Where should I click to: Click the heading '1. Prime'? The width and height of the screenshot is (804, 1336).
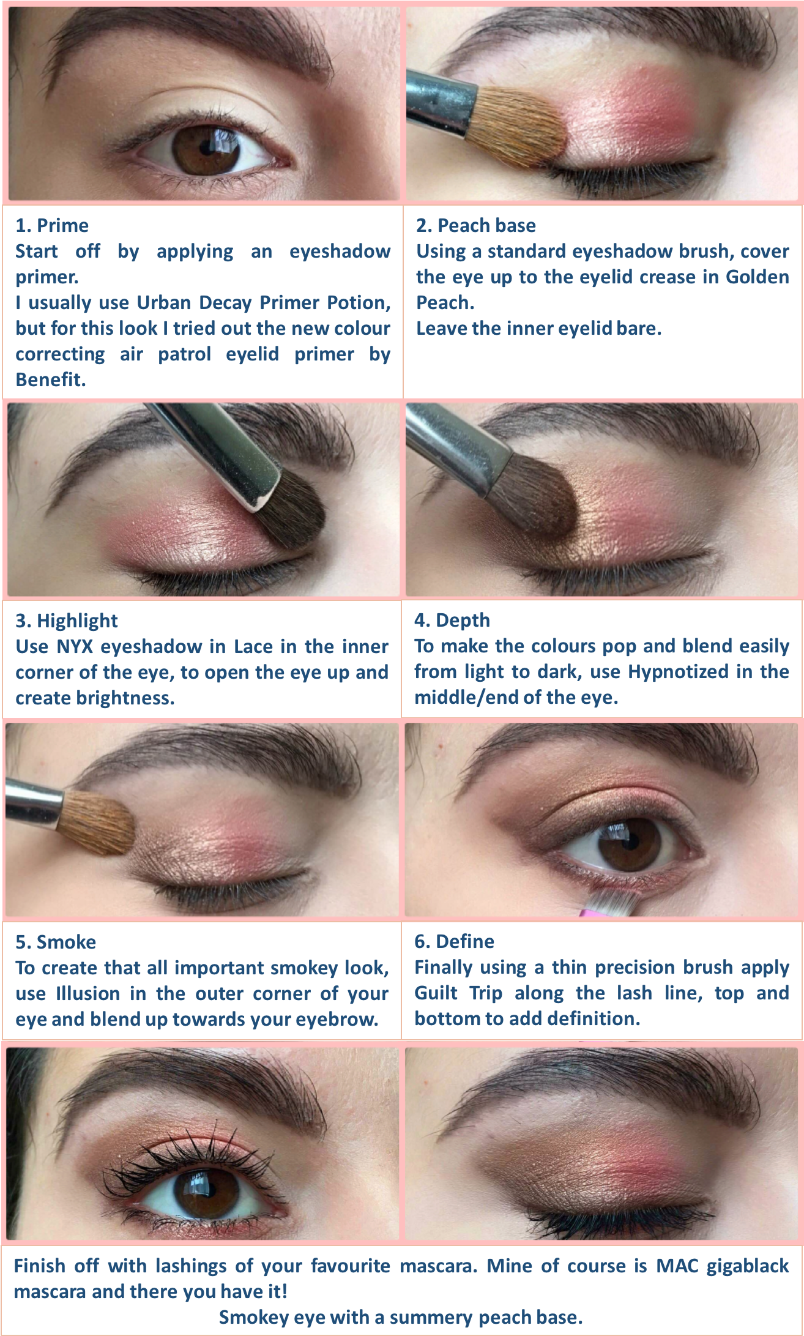52,226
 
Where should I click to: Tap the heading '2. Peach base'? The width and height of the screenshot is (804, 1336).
475,226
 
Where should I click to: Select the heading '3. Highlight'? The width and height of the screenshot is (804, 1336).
66,621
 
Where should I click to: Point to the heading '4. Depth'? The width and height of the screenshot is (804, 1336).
452,620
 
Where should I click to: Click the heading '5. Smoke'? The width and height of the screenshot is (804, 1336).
56,942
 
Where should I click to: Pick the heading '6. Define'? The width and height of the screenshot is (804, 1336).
454,941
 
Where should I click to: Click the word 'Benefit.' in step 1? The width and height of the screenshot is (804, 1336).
50,380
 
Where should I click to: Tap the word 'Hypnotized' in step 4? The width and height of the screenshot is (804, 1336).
678,672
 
